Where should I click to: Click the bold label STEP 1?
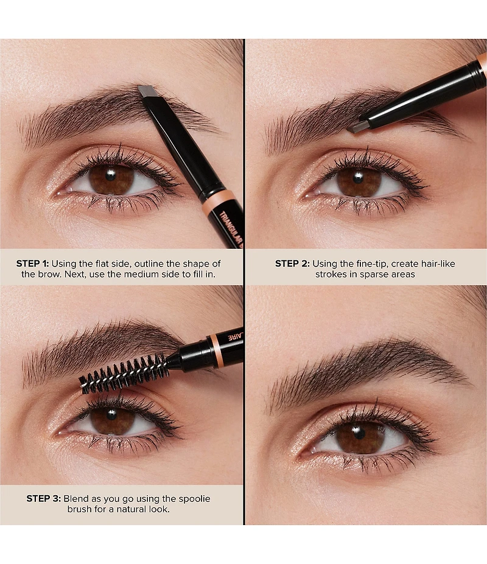point(32,263)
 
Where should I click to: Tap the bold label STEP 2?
point(292,263)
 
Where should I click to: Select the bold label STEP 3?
point(44,498)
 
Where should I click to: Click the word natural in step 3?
point(130,509)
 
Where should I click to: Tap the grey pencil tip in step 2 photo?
point(358,127)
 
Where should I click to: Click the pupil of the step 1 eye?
point(110,176)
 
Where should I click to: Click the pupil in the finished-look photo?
point(359,433)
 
